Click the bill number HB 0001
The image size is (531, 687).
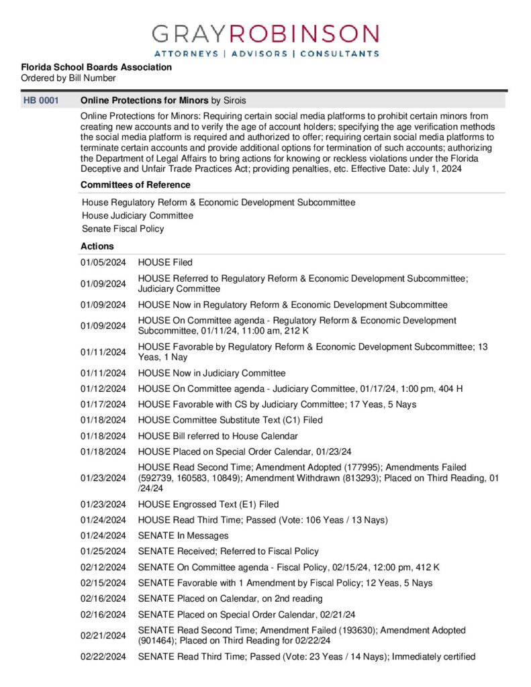[x=40, y=101]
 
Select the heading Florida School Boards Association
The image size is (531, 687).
[x=96, y=67]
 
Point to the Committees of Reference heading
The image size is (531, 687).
[x=135, y=184]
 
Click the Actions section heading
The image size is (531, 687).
[x=97, y=246]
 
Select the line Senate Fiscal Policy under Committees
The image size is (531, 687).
[x=123, y=229]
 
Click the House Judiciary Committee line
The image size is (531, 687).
[x=138, y=215]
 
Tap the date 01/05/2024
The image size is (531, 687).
[x=103, y=262]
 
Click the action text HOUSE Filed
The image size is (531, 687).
[x=165, y=262]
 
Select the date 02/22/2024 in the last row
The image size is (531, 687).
[x=103, y=657]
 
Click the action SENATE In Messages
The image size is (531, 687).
[x=183, y=535]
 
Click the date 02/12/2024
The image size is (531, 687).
[x=103, y=567]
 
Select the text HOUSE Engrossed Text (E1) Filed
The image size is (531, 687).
[x=208, y=505]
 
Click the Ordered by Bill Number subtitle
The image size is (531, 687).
[x=68, y=78]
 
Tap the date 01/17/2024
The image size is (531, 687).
[x=103, y=404]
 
